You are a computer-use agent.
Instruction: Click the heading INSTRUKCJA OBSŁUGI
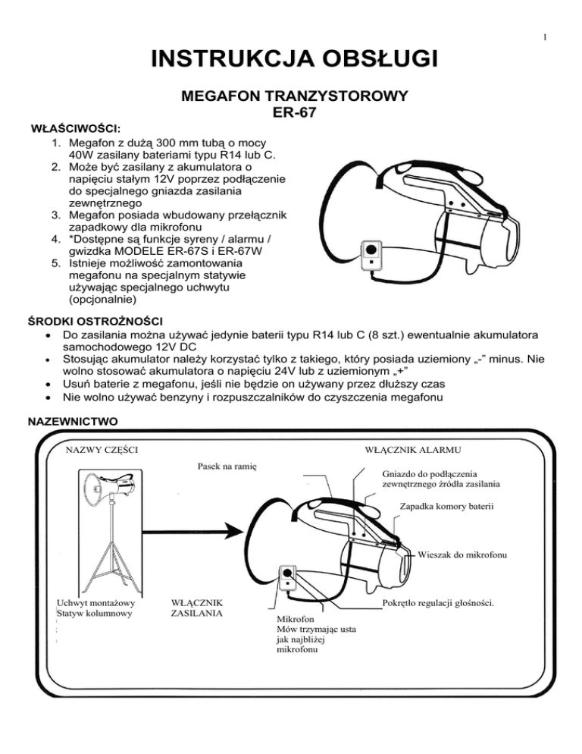pos(290,58)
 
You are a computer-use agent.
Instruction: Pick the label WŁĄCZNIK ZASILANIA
pos(199,610)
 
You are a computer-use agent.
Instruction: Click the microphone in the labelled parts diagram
pos(289,580)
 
